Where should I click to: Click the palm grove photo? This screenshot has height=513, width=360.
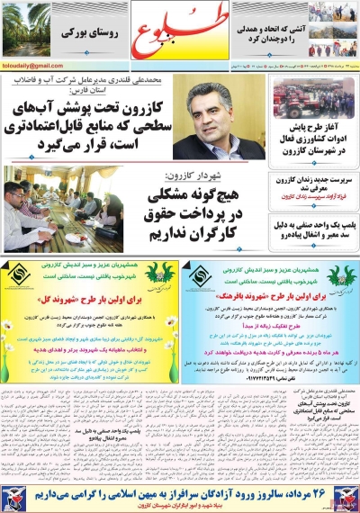tap(26, 29)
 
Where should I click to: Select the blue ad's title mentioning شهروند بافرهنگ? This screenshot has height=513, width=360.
tap(271, 294)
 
